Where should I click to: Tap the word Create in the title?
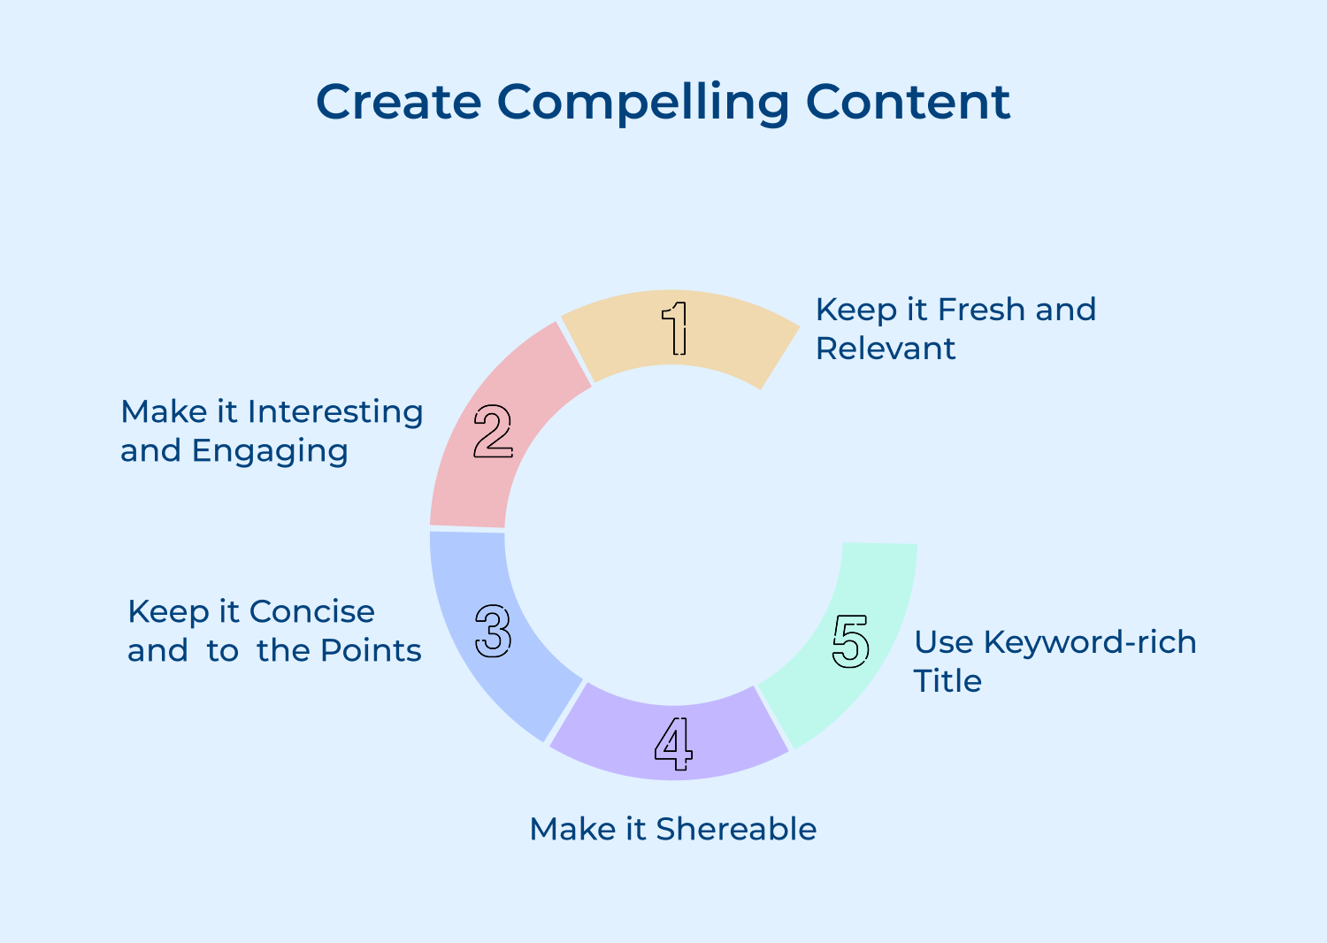[398, 102]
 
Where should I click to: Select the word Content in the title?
[908, 102]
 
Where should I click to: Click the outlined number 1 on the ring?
[676, 327]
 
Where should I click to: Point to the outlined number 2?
[493, 431]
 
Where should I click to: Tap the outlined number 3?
[493, 631]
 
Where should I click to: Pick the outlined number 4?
[673, 743]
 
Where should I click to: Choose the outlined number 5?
[851, 641]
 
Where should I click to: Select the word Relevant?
[886, 349]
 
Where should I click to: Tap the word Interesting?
[335, 412]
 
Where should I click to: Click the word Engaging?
[270, 451]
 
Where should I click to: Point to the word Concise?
[312, 611]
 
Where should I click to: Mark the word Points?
[371, 650]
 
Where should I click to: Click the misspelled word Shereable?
[736, 829]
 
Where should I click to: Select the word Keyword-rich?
[1090, 642]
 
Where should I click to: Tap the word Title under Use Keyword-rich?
[947, 681]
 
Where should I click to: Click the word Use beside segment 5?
[943, 642]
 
